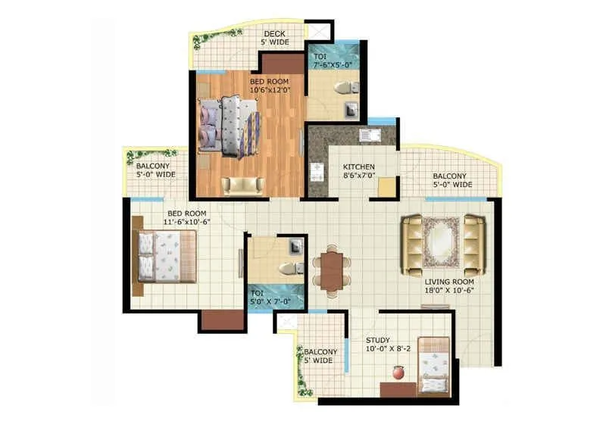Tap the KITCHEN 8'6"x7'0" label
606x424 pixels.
tap(358, 171)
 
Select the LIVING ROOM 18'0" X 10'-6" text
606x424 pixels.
tap(448, 285)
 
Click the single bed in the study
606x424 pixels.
tap(434, 366)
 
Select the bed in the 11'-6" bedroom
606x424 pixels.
tap(165, 257)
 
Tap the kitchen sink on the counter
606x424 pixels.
tap(370, 136)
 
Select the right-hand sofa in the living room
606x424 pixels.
tap(473, 244)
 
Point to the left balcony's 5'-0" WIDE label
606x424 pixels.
tap(155, 170)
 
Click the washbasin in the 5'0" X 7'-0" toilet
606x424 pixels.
tap(295, 245)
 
